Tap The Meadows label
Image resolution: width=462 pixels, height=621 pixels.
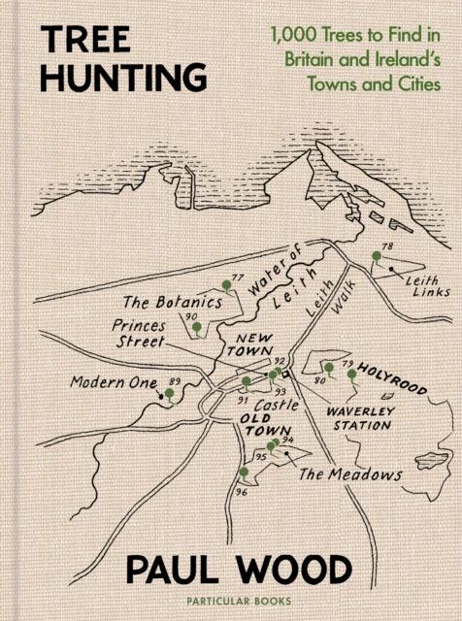(x=349, y=474)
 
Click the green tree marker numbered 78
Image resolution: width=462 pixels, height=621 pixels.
(x=376, y=257)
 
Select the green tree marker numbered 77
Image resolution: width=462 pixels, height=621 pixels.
(x=227, y=285)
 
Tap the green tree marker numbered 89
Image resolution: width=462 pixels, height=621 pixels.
(x=170, y=394)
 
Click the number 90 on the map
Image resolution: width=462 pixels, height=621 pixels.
(x=191, y=316)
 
